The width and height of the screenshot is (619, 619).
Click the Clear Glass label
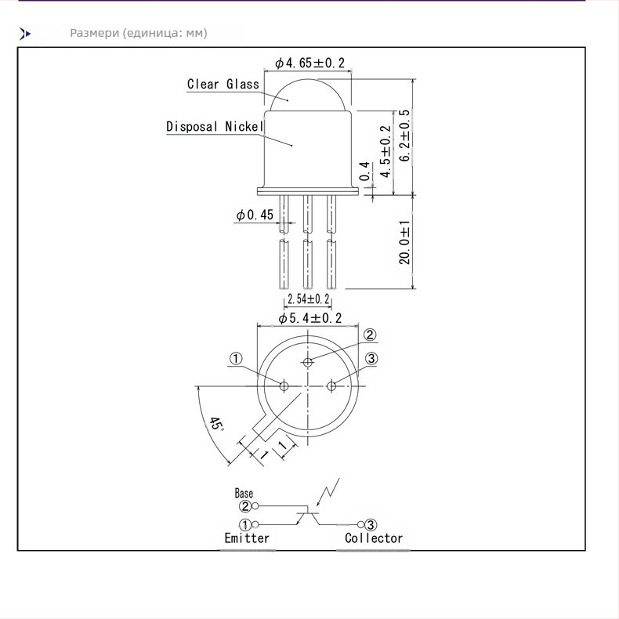tap(223, 84)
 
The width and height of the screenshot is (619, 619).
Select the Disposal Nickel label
tap(215, 126)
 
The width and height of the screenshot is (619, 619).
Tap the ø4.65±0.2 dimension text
tap(310, 63)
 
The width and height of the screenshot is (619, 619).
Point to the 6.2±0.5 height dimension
tap(404, 136)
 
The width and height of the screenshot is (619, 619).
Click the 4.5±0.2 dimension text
tap(385, 151)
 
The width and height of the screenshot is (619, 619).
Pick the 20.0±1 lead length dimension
tap(404, 242)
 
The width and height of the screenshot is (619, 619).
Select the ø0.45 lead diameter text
tap(255, 215)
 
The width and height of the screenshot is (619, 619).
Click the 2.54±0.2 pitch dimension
tap(308, 299)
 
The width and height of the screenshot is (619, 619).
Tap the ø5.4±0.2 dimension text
tap(310, 318)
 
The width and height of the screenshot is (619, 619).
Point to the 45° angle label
tap(216, 424)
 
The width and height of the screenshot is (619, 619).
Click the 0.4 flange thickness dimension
tap(365, 171)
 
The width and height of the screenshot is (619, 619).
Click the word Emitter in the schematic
tap(247, 538)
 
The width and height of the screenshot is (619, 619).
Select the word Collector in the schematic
tap(374, 538)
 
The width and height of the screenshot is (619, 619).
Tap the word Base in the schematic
tap(244, 493)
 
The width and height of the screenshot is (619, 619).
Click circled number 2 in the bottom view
tap(370, 335)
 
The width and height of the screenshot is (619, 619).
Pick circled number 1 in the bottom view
tap(236, 359)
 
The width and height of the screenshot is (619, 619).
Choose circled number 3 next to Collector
tap(371, 525)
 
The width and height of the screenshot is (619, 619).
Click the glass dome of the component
tap(307, 96)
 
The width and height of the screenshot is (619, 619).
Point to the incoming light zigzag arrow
tap(328, 492)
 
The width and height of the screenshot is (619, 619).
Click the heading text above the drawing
tap(139, 33)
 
